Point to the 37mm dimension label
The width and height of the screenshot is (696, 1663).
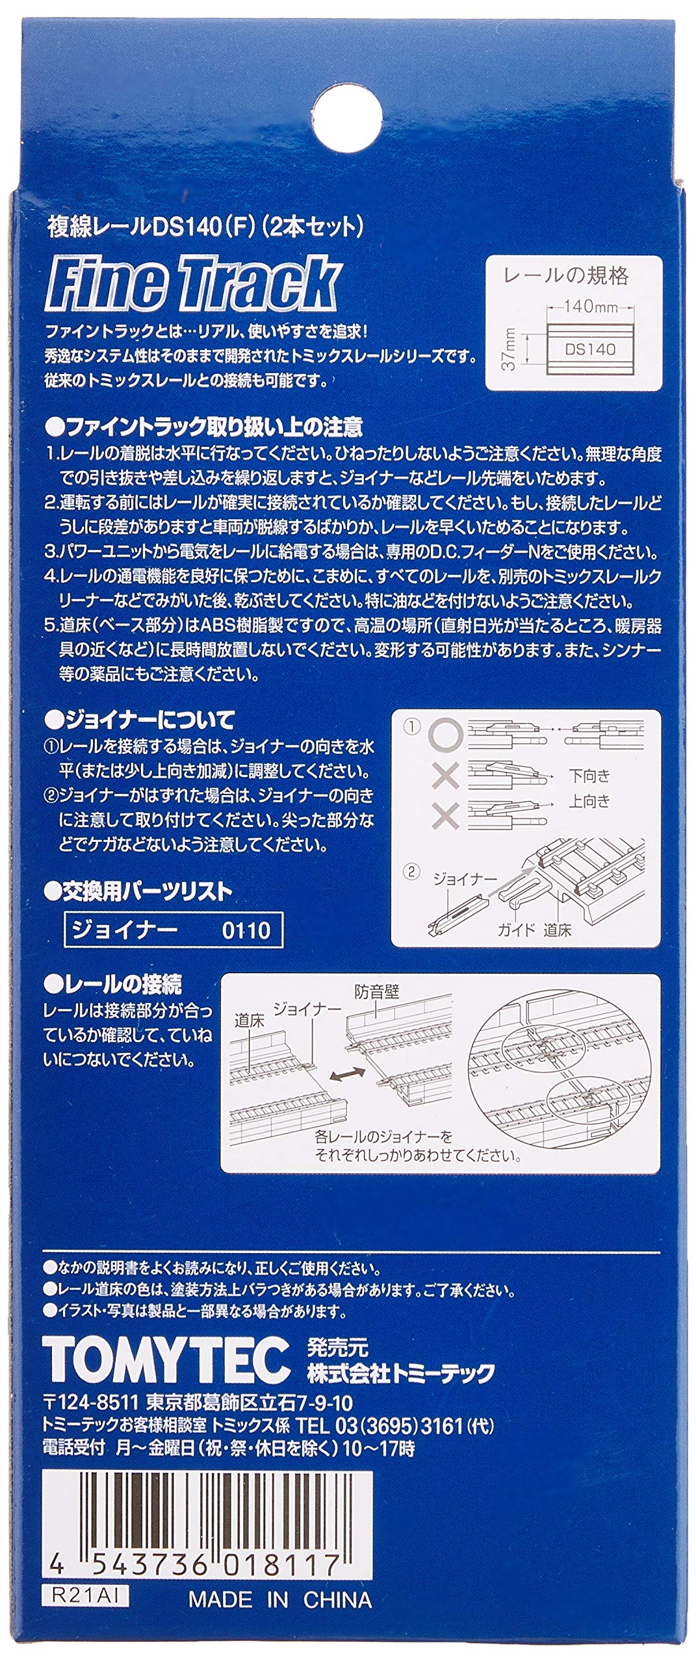(x=511, y=349)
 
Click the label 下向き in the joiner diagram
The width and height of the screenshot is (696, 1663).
(x=590, y=776)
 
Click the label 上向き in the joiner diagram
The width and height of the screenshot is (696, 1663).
(x=590, y=802)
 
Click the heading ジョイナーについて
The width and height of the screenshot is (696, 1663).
(x=140, y=720)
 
